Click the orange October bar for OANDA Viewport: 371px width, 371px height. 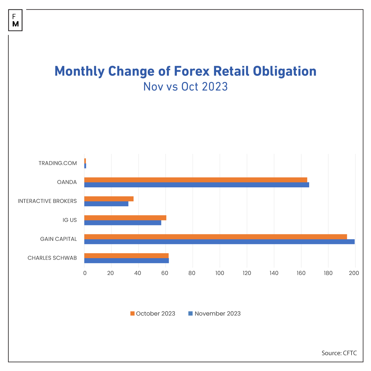click(196, 180)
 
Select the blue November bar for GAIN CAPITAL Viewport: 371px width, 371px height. click(220, 242)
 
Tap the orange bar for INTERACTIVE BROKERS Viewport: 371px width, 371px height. click(109, 199)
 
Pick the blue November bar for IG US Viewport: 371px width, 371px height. click(123, 223)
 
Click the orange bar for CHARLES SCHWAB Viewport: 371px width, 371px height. click(126, 256)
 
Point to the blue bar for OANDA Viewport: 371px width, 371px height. click(197, 185)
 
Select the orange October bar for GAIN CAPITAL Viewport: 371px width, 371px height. click(215, 237)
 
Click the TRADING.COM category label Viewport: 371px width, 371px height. click(58, 163)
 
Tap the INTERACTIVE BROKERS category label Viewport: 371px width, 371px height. click(47, 201)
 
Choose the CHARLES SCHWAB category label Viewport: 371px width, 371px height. click(52, 258)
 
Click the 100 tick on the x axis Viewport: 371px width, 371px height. click(220, 273)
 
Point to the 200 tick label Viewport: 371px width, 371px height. click(354, 273)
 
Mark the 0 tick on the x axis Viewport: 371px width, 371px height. click(85, 273)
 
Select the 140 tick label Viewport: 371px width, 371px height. click(274, 273)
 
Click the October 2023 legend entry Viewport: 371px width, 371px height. click(153, 313)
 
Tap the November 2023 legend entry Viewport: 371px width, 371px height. click(215, 313)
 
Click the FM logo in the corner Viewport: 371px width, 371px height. click(15, 20)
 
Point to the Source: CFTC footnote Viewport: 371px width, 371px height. click(339, 353)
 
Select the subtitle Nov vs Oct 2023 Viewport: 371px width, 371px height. click(185, 87)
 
